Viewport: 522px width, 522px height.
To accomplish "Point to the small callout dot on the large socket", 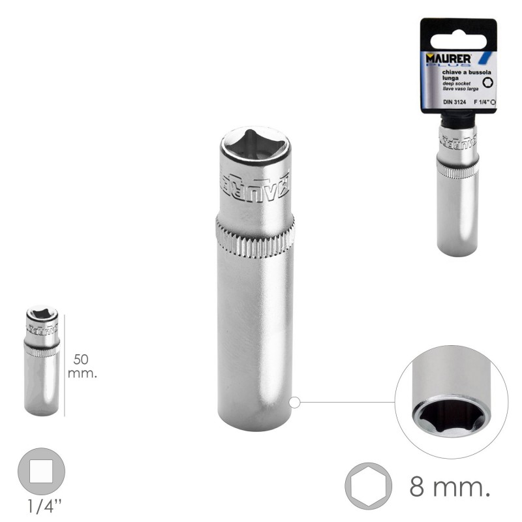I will point(294,403).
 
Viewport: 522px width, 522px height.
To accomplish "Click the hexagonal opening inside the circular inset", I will point(450,416).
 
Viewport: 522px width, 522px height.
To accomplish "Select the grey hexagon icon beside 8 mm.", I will point(368,485).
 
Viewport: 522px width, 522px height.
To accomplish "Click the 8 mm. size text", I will point(449,486).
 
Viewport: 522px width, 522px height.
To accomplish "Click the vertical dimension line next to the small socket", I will point(65,362).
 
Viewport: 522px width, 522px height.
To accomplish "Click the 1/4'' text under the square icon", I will point(40,506).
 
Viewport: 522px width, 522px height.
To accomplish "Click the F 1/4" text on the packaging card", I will point(480,102).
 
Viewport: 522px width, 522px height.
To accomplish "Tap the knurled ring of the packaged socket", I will point(457,168).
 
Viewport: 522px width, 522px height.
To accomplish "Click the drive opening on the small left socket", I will point(41,315).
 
